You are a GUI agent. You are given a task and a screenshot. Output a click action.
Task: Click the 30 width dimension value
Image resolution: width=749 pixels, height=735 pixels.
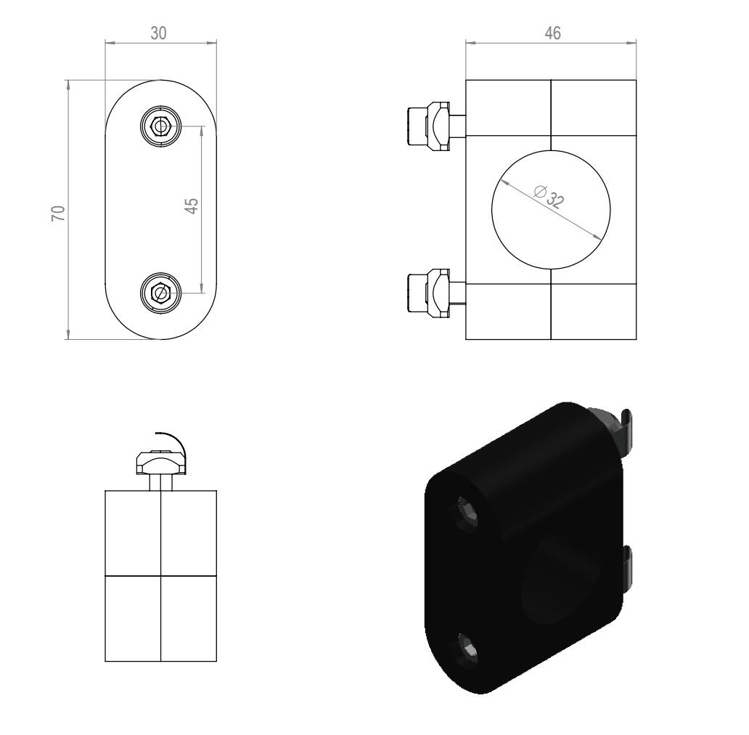[x=159, y=33]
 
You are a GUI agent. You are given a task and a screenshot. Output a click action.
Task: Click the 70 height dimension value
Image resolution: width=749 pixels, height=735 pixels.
[x=58, y=213]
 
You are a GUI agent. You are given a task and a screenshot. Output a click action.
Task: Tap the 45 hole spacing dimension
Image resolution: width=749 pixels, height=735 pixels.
[x=191, y=206]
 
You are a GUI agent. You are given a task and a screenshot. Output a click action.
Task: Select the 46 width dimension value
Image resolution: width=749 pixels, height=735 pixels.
[x=552, y=33]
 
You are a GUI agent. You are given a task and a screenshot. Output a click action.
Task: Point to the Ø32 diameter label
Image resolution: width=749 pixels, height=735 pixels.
[x=549, y=195]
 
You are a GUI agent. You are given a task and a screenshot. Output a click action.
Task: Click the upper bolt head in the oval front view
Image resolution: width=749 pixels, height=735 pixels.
[x=161, y=126]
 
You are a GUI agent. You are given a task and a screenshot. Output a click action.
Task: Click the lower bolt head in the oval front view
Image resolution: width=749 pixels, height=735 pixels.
[x=161, y=293]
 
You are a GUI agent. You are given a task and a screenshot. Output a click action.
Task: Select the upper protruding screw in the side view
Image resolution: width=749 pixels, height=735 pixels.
[x=435, y=126]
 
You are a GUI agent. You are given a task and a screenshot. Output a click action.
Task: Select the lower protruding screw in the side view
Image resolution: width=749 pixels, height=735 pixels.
[x=435, y=293]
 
